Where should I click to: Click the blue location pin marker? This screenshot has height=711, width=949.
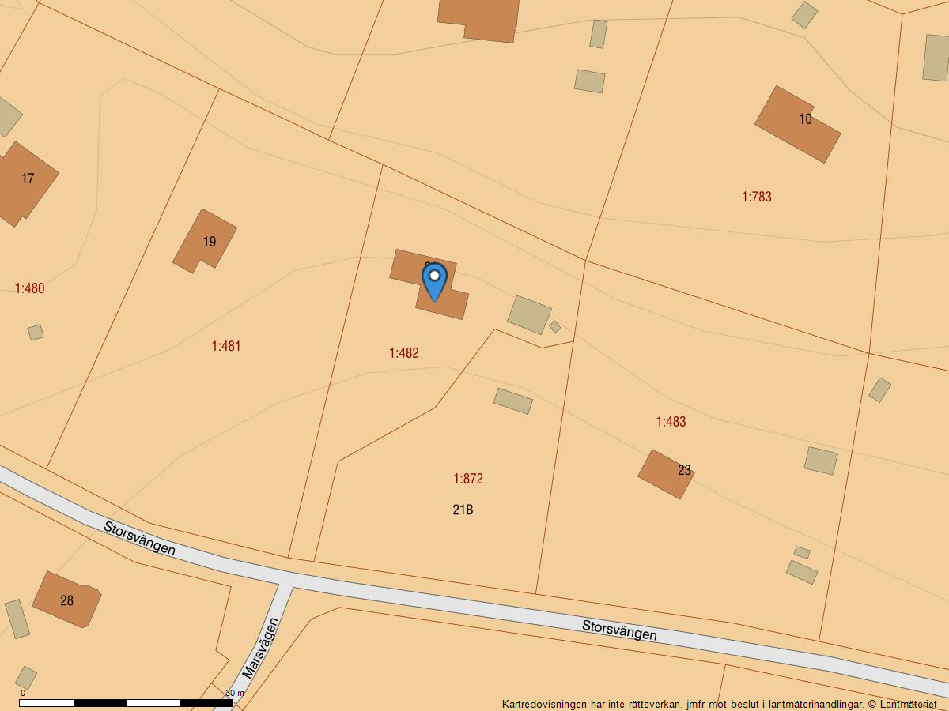point(434,281)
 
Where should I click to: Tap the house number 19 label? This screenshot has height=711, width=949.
point(209,242)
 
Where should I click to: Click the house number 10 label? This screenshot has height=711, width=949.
point(805,119)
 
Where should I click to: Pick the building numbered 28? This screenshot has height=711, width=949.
point(66,600)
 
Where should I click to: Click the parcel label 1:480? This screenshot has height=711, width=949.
point(30,288)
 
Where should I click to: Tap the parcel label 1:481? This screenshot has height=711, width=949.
point(226,346)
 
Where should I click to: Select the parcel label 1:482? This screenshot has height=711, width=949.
point(404,353)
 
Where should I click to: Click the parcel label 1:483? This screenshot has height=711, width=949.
point(671,422)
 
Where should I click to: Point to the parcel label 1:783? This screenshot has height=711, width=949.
point(757,197)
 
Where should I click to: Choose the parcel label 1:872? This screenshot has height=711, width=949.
point(468,479)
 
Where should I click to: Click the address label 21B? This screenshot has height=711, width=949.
point(463,510)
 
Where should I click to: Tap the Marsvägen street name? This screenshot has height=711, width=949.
point(261,649)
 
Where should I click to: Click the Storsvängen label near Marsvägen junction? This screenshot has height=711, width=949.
point(139,537)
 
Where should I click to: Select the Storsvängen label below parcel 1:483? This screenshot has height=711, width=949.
point(619,630)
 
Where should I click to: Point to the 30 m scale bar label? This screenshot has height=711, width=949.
point(235,693)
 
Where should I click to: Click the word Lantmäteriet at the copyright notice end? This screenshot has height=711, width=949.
point(909,704)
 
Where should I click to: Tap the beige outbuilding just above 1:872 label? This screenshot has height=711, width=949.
point(513,401)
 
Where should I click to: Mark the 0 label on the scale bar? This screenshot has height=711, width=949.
point(23,693)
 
